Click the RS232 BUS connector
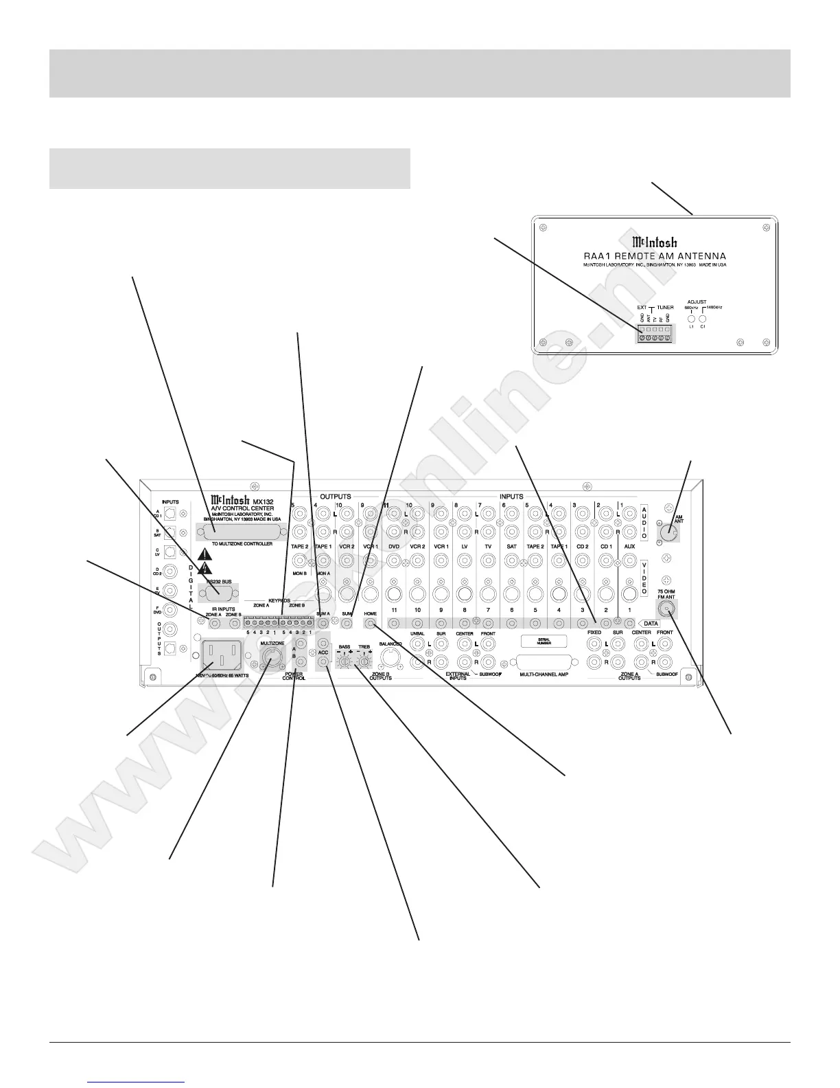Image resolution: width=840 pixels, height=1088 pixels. coord(218,593)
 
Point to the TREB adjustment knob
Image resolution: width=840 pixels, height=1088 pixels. coord(364,660)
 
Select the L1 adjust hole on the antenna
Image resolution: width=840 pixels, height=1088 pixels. coord(692,319)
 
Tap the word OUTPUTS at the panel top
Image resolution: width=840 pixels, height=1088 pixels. coord(336,497)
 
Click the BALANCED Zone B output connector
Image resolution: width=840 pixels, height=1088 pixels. coord(389,659)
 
